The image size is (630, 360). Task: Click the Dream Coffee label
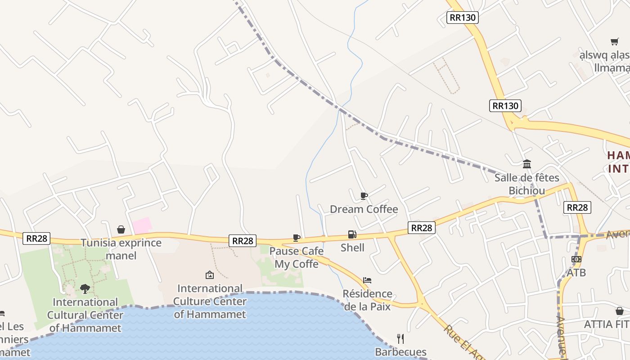[x=364, y=209]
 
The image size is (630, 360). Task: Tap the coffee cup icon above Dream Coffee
[x=364, y=196]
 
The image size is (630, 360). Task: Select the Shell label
[x=352, y=247]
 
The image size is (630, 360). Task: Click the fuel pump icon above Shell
[x=352, y=234]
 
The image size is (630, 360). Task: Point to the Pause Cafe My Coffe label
[x=297, y=257]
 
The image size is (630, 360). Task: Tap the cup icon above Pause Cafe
[x=296, y=238]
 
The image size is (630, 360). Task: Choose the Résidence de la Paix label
[x=367, y=300]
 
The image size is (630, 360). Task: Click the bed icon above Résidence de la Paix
[x=367, y=280]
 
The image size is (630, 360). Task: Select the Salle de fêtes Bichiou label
[x=526, y=184]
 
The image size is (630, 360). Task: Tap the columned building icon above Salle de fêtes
[x=526, y=164]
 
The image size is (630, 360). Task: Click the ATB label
[x=576, y=272]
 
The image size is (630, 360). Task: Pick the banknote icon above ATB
[x=576, y=259]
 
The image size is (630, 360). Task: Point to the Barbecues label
[x=400, y=352]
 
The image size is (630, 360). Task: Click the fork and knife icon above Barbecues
[x=400, y=338]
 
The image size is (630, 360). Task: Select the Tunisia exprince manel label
[x=121, y=249]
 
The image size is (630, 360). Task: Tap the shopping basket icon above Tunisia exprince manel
[x=121, y=229]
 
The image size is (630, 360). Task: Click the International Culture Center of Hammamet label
[x=210, y=301]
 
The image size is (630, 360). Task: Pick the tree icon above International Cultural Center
[x=85, y=288]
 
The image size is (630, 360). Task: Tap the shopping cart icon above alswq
[x=614, y=42]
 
